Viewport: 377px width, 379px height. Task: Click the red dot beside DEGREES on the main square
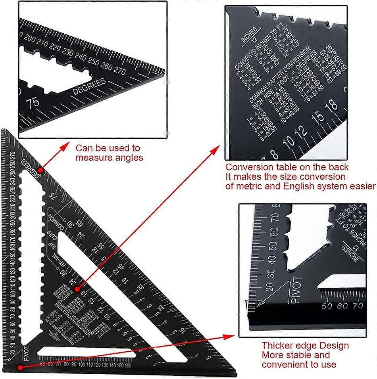pos(41,170)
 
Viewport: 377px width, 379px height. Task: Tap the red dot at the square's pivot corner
pos(19,367)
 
